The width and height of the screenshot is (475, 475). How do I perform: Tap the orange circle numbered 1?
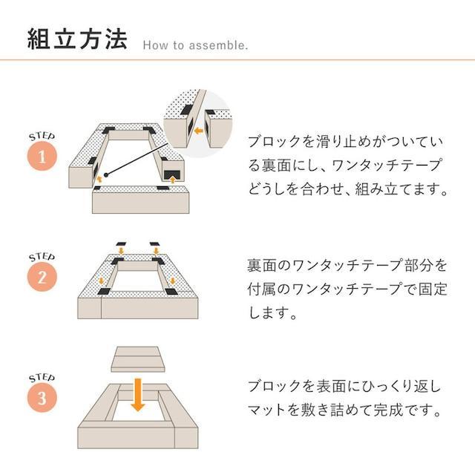point(42,157)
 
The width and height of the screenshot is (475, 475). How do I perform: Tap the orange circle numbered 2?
point(42,278)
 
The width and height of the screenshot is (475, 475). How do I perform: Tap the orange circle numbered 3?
point(42,398)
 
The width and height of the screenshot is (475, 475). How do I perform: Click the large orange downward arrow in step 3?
point(137,393)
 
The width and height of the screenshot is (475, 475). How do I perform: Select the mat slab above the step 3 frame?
point(137,359)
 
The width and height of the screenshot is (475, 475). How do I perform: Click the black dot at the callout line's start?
point(107,175)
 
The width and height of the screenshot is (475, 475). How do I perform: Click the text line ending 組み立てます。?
point(349,189)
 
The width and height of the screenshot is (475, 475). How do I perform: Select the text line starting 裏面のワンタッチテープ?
point(347,265)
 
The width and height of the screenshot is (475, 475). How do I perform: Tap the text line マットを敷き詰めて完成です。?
point(347,410)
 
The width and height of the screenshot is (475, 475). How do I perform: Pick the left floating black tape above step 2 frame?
point(119,243)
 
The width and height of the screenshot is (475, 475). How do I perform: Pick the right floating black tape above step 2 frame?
point(155,243)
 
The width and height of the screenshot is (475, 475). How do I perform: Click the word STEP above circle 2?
point(42,256)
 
